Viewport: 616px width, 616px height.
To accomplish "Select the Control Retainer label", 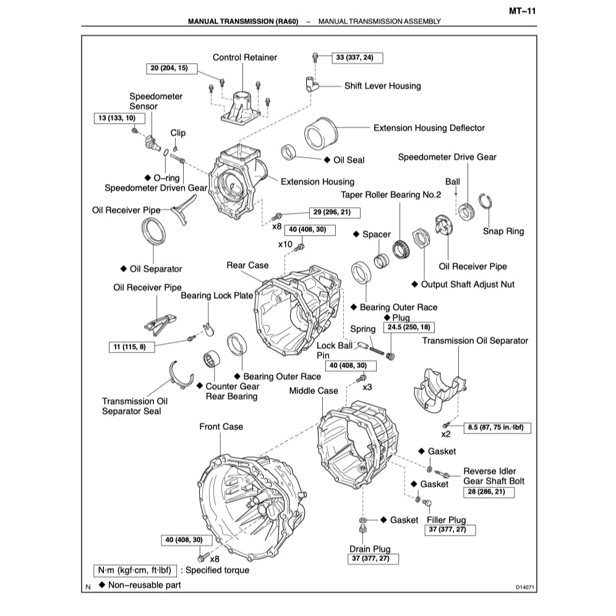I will click(x=245, y=58).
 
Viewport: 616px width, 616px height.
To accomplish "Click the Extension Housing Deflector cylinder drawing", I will click(x=320, y=130).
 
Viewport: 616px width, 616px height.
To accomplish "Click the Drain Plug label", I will click(x=370, y=549).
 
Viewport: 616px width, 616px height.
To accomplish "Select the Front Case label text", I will click(x=221, y=426).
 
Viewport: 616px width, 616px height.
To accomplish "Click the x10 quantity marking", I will click(x=285, y=244).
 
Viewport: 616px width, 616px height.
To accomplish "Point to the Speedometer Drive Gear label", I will click(x=447, y=157).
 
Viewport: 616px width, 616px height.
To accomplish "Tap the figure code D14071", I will click(x=523, y=587).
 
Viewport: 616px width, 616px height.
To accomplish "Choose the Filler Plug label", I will click(x=446, y=520).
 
